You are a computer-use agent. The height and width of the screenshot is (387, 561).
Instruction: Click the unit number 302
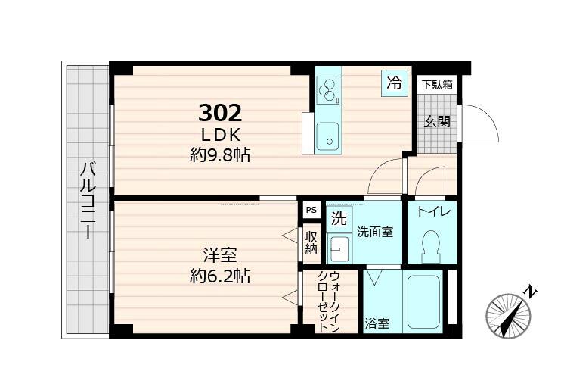pos(220,114)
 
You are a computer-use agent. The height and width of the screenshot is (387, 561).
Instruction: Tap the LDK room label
pos(220,135)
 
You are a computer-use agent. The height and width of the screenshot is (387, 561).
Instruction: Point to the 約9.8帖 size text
pos(220,155)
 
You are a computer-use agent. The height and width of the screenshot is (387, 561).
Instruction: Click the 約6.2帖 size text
pos(219,276)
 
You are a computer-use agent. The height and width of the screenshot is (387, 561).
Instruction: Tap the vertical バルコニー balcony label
pos(87,200)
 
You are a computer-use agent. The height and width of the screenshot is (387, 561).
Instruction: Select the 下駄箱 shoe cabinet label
pos(437,85)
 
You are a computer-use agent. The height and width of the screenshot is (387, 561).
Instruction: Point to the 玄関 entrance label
pos(436,121)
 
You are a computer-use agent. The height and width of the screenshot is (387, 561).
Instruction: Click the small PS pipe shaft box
pos(311,210)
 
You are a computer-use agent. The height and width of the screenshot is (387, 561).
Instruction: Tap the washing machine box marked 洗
pos(339,220)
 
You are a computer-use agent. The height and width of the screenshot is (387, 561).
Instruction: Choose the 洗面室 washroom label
pos(375,232)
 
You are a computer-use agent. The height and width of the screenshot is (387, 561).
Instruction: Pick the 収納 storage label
pos(311,243)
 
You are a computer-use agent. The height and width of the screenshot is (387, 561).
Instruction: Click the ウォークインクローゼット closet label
pos(329,302)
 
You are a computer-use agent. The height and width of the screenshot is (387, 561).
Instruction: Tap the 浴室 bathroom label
pos(377,324)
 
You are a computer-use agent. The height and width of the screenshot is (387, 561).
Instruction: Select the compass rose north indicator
pos(509,313)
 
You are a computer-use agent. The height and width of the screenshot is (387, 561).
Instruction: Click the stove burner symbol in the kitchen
pos(327,90)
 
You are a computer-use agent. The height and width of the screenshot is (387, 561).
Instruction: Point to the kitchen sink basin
pos(327,136)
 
